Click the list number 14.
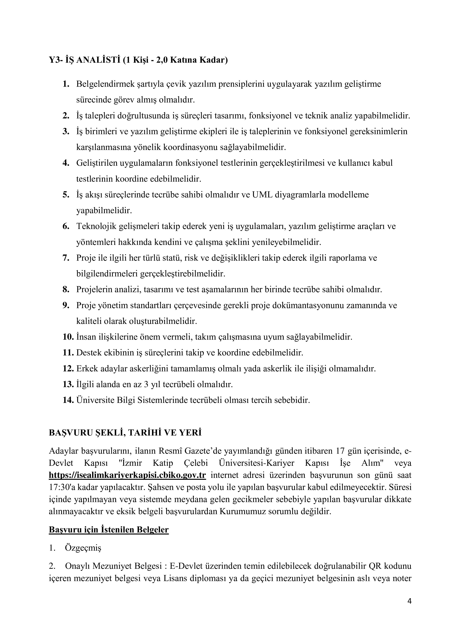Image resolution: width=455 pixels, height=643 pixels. [68, 400]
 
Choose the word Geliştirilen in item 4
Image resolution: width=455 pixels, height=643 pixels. [97, 163]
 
